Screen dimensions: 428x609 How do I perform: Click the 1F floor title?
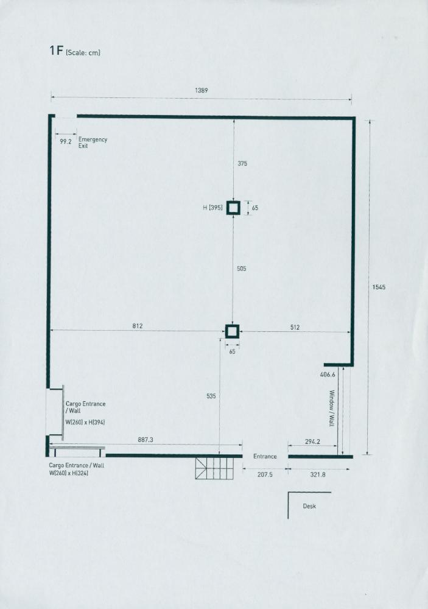pyautogui.click(x=55, y=51)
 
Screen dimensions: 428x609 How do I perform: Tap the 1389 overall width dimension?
pyautogui.click(x=201, y=91)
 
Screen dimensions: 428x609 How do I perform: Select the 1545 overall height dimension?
pyautogui.click(x=379, y=287)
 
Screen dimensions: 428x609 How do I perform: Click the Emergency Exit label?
pyautogui.click(x=93, y=143)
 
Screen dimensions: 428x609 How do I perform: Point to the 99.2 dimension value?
pyautogui.click(x=66, y=142)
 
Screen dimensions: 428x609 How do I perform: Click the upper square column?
pyautogui.click(x=233, y=208)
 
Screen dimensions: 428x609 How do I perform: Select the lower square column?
pyautogui.click(x=232, y=331)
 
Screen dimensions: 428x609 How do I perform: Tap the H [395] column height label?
pyautogui.click(x=212, y=208)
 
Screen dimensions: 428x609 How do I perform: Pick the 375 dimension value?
pyautogui.click(x=242, y=163)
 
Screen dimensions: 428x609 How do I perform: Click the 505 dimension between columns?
pyautogui.click(x=242, y=269)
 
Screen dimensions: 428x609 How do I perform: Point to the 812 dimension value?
pyautogui.click(x=138, y=326)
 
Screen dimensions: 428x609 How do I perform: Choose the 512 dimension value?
pyautogui.click(x=295, y=327)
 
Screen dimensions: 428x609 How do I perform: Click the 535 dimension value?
pyautogui.click(x=211, y=396)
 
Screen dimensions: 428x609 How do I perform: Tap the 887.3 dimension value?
pyautogui.click(x=146, y=440)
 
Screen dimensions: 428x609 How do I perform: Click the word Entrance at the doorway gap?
pyautogui.click(x=265, y=456)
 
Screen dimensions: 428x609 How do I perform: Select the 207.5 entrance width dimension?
pyautogui.click(x=265, y=474)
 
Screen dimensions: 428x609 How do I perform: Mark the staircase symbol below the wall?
pyautogui.click(x=214, y=468)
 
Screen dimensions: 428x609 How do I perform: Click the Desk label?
pyautogui.click(x=309, y=506)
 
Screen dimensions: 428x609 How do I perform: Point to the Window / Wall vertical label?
pyautogui.click(x=332, y=408)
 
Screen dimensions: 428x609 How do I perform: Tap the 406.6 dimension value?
pyautogui.click(x=328, y=375)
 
